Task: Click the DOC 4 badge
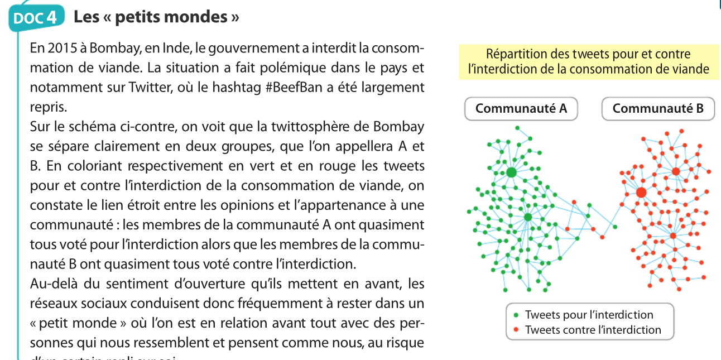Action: [x=34, y=17]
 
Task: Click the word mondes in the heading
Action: [x=199, y=17]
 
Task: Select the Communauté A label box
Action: [x=521, y=109]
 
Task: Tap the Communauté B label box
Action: [x=658, y=109]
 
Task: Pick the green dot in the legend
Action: [x=516, y=315]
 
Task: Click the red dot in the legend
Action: [x=516, y=330]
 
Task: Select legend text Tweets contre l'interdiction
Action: [x=593, y=330]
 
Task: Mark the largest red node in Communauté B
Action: [x=641, y=193]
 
